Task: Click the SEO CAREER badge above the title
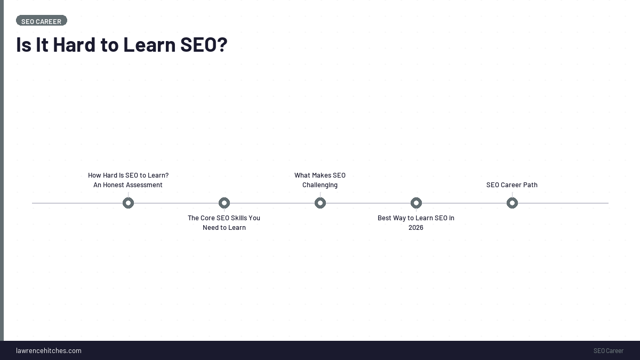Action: tap(41, 21)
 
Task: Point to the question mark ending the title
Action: tap(222, 45)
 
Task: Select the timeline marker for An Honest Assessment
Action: tap(128, 203)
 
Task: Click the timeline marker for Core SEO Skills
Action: tap(224, 203)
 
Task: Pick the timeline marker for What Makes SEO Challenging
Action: tap(320, 203)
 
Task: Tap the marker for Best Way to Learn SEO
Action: tap(416, 203)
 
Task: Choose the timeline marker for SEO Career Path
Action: tap(512, 203)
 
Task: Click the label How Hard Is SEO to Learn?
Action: tap(128, 175)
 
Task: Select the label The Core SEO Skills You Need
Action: tap(224, 218)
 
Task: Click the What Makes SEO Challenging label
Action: tap(320, 175)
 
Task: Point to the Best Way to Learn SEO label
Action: tap(416, 218)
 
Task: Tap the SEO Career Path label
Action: tap(512, 185)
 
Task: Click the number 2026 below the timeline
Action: tap(416, 228)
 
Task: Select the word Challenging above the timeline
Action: tap(320, 185)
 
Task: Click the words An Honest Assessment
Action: tap(128, 185)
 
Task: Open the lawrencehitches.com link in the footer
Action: tap(49, 350)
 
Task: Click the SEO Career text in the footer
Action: tap(608, 351)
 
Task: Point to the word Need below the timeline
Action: tap(211, 228)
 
